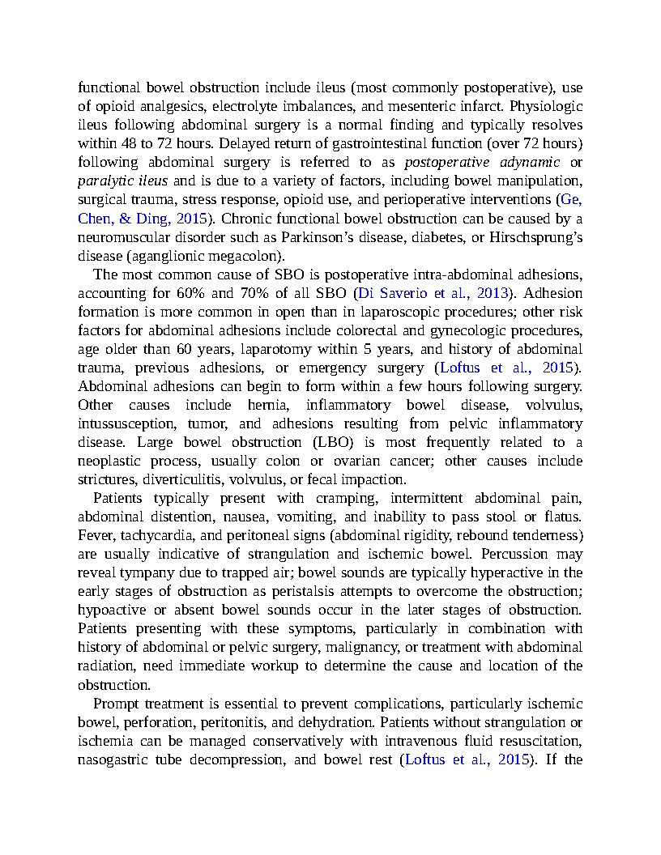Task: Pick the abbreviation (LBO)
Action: point(335,442)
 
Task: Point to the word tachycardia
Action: point(146,535)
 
